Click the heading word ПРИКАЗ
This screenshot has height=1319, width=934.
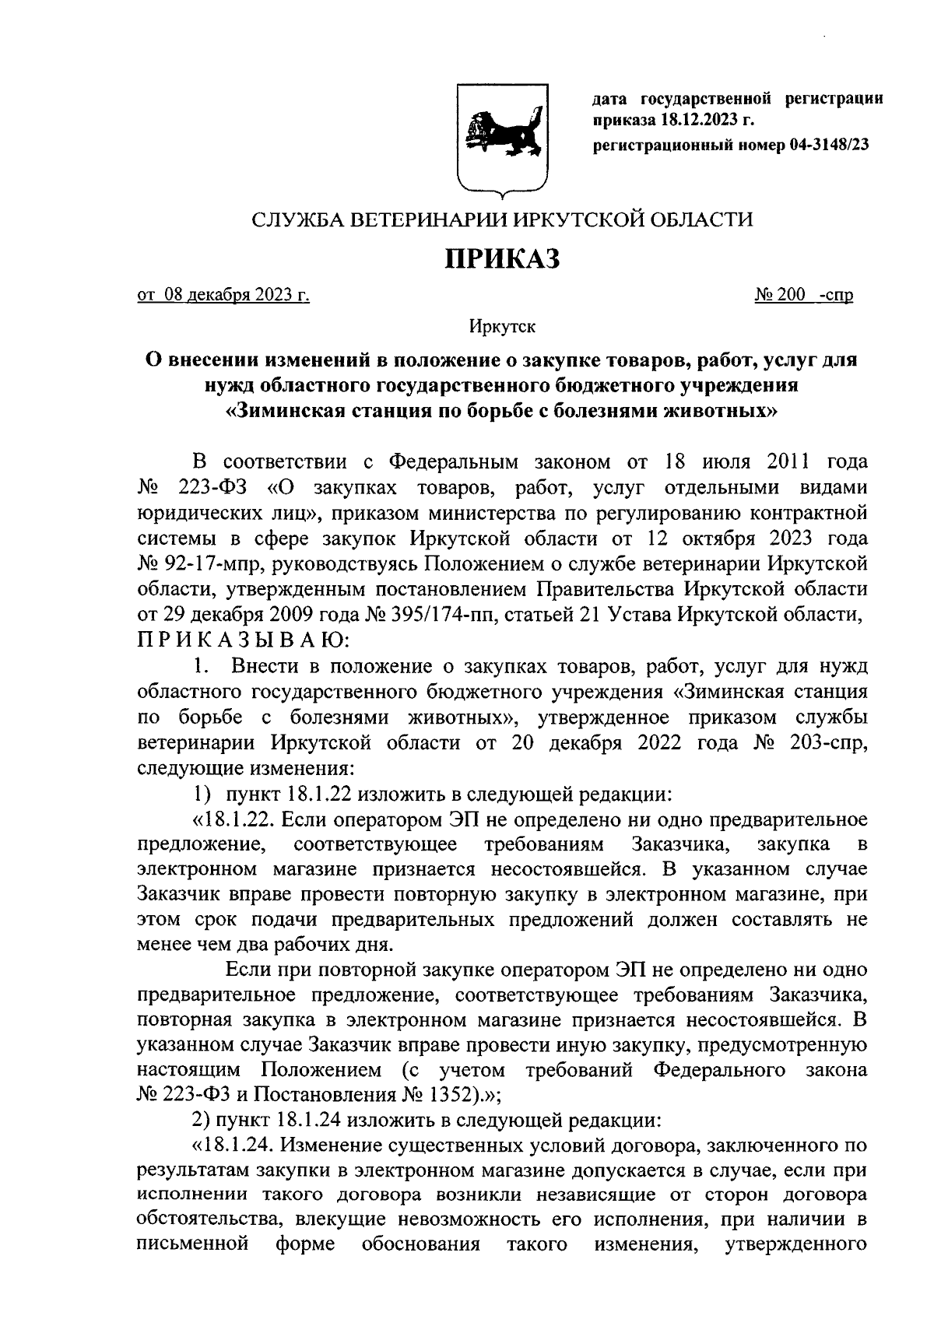[502, 260]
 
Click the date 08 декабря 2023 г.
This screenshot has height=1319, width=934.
[223, 296]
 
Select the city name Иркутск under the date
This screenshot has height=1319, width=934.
[502, 327]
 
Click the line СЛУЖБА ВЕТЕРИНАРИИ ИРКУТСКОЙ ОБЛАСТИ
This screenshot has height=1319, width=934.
[502, 220]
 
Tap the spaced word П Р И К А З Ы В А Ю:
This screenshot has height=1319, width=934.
[244, 640]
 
